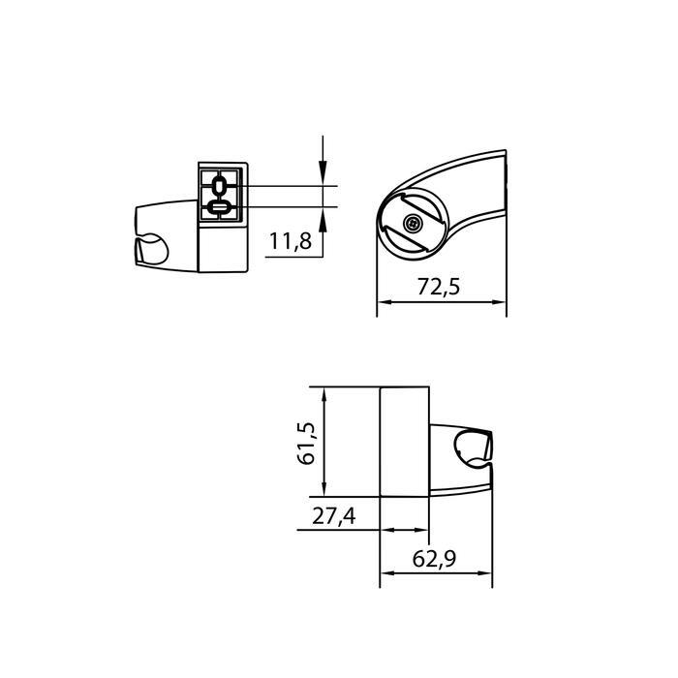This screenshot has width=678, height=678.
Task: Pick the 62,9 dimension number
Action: [x=435, y=559]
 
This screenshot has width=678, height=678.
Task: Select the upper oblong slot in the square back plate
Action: [x=219, y=185]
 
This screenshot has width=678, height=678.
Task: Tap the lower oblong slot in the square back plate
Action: [x=219, y=206]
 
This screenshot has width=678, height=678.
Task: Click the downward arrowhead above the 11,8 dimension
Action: [x=323, y=177]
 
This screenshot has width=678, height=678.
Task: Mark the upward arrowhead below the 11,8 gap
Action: [x=323, y=215]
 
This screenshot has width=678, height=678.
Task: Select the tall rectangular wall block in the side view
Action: [x=404, y=441]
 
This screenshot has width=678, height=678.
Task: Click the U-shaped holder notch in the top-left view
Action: [x=150, y=252]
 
